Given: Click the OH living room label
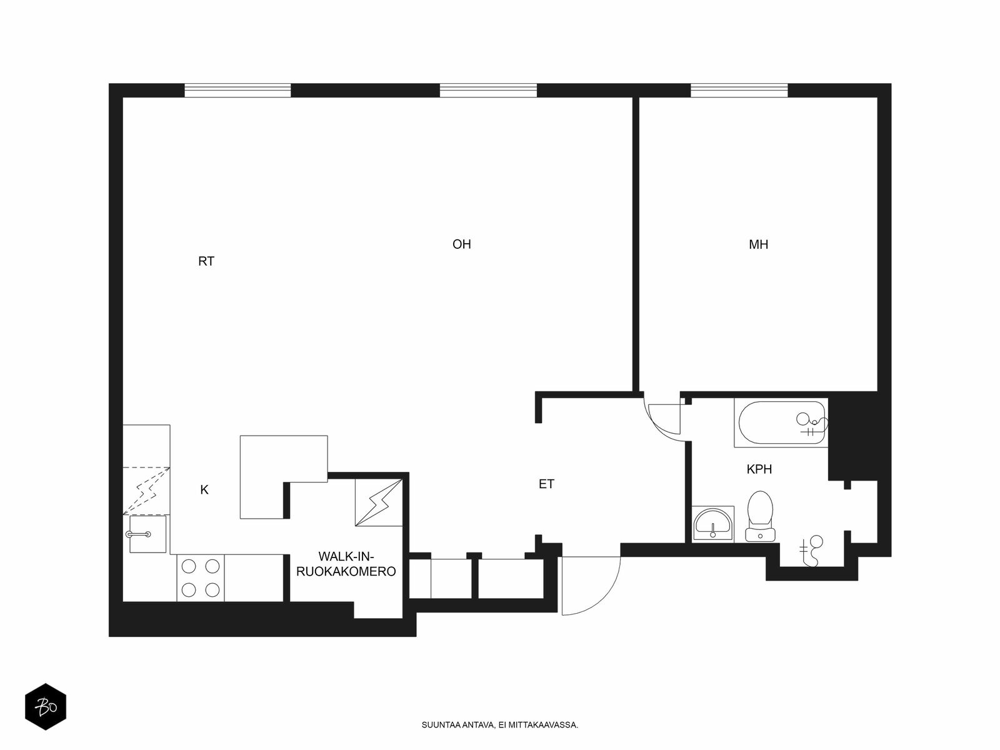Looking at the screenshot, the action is click(x=461, y=244).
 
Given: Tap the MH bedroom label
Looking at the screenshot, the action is click(x=759, y=244).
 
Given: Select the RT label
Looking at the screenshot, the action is click(x=206, y=261).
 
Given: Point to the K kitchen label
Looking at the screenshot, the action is click(x=204, y=489).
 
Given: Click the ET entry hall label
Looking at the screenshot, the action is click(x=546, y=484).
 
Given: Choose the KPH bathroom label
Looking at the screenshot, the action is click(x=759, y=469).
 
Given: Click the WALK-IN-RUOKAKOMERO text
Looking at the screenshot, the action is click(x=346, y=564).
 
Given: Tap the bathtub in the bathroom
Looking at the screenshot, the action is click(x=781, y=423).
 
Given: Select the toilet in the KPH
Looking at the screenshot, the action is click(x=760, y=516).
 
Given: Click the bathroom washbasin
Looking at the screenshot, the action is click(x=712, y=524).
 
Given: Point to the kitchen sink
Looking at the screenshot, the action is click(x=147, y=534).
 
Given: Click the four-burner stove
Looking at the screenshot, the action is click(x=201, y=578).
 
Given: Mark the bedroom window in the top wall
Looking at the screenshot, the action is click(x=739, y=90).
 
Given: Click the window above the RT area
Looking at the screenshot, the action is click(x=237, y=90).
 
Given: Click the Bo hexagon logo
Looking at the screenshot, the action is click(x=46, y=707).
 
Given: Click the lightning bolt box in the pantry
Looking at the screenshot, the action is click(x=379, y=502).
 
